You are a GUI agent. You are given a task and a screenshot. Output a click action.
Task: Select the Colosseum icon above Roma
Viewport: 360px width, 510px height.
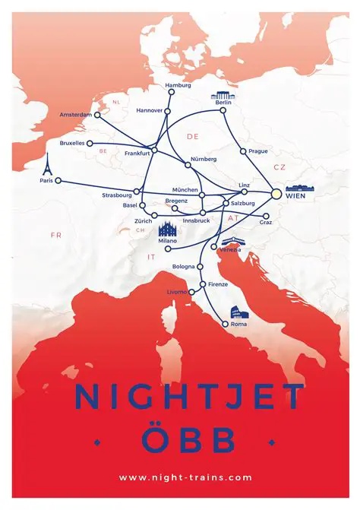click(x=239, y=312)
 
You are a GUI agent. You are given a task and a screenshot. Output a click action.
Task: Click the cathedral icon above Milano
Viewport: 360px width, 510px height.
click(x=167, y=229)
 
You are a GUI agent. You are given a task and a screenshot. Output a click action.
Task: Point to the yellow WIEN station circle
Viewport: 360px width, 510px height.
click(x=276, y=194)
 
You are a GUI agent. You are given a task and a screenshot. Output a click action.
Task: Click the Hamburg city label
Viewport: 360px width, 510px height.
click(x=178, y=85)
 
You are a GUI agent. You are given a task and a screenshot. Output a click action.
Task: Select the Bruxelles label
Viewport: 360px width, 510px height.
click(x=72, y=143)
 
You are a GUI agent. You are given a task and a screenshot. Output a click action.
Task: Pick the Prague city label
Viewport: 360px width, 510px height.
click(x=258, y=151)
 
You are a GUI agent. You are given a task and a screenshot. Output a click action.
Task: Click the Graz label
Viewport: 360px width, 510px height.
click(x=266, y=222)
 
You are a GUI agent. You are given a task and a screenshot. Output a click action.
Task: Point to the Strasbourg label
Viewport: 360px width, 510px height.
click(x=116, y=195)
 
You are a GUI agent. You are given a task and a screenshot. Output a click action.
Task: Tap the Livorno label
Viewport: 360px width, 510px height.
click(x=175, y=292)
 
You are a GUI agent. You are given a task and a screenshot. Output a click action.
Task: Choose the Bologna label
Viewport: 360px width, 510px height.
click(x=183, y=267)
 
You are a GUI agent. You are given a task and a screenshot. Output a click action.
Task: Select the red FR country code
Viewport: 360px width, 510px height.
click(x=55, y=236)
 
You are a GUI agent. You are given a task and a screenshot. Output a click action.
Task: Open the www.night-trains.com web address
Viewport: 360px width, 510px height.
click(x=185, y=477)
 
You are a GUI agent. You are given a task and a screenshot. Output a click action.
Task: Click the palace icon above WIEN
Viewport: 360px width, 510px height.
click(x=300, y=188)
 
